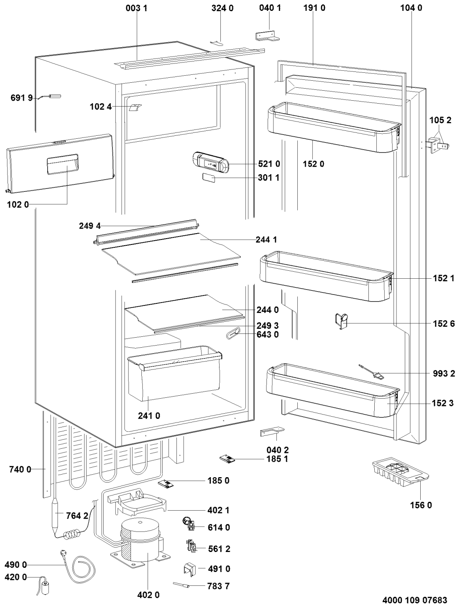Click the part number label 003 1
tap(136, 8)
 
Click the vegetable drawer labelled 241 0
tap(174, 373)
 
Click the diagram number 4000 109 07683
tap(415, 600)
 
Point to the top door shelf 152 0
tap(334, 127)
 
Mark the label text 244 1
tap(266, 239)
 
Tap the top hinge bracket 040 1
tap(267, 36)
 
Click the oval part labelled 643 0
tap(233, 333)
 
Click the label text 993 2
tap(444, 374)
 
